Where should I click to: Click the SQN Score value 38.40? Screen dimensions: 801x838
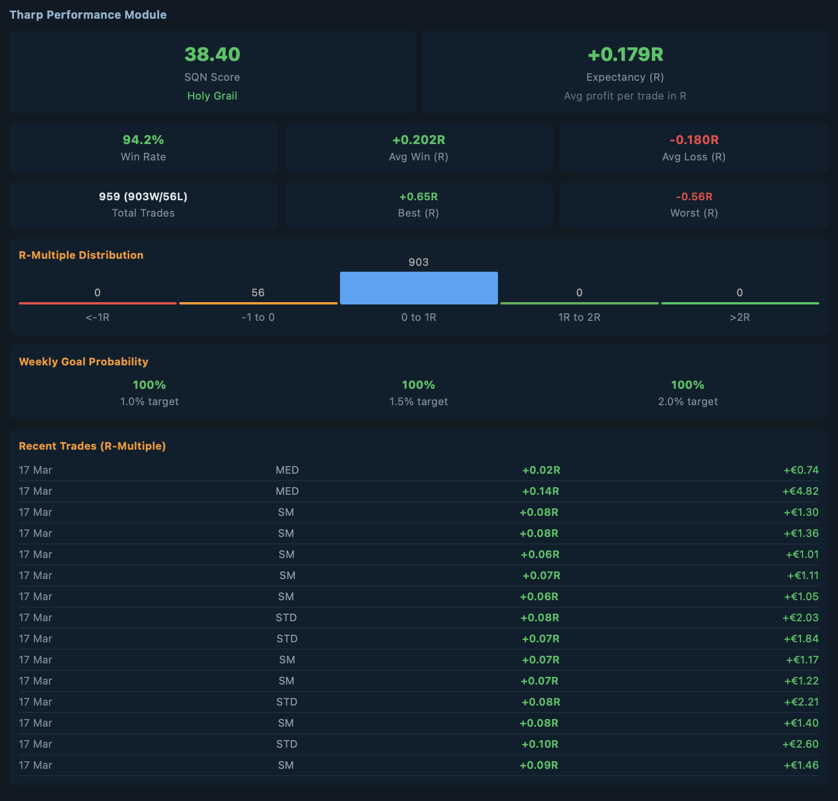(x=212, y=54)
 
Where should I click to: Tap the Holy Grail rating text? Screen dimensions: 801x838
(x=212, y=96)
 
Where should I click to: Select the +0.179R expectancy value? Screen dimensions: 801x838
(x=625, y=54)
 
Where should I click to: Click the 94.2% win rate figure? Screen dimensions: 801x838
(x=143, y=140)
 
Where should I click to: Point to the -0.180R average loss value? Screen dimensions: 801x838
(x=694, y=140)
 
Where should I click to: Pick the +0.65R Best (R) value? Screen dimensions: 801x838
(x=418, y=197)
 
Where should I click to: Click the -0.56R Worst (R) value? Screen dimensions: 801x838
(x=694, y=197)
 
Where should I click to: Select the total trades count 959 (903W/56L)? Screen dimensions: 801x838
(x=143, y=197)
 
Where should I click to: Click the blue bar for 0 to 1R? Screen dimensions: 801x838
(x=418, y=288)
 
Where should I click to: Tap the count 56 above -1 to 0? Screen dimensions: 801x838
(x=258, y=293)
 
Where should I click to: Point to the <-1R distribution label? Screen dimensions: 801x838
(x=98, y=317)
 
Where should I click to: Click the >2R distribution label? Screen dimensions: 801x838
(x=740, y=317)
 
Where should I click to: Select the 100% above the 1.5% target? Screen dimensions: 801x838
(x=418, y=385)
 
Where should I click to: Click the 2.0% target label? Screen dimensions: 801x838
(x=688, y=402)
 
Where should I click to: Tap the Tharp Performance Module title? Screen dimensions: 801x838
(x=88, y=15)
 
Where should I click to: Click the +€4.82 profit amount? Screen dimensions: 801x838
(x=801, y=491)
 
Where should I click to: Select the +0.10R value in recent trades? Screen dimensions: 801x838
(x=540, y=744)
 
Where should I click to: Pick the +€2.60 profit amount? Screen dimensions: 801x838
(x=801, y=744)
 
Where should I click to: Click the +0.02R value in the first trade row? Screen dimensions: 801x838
(x=541, y=470)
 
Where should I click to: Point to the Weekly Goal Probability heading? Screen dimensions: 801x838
(x=84, y=362)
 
